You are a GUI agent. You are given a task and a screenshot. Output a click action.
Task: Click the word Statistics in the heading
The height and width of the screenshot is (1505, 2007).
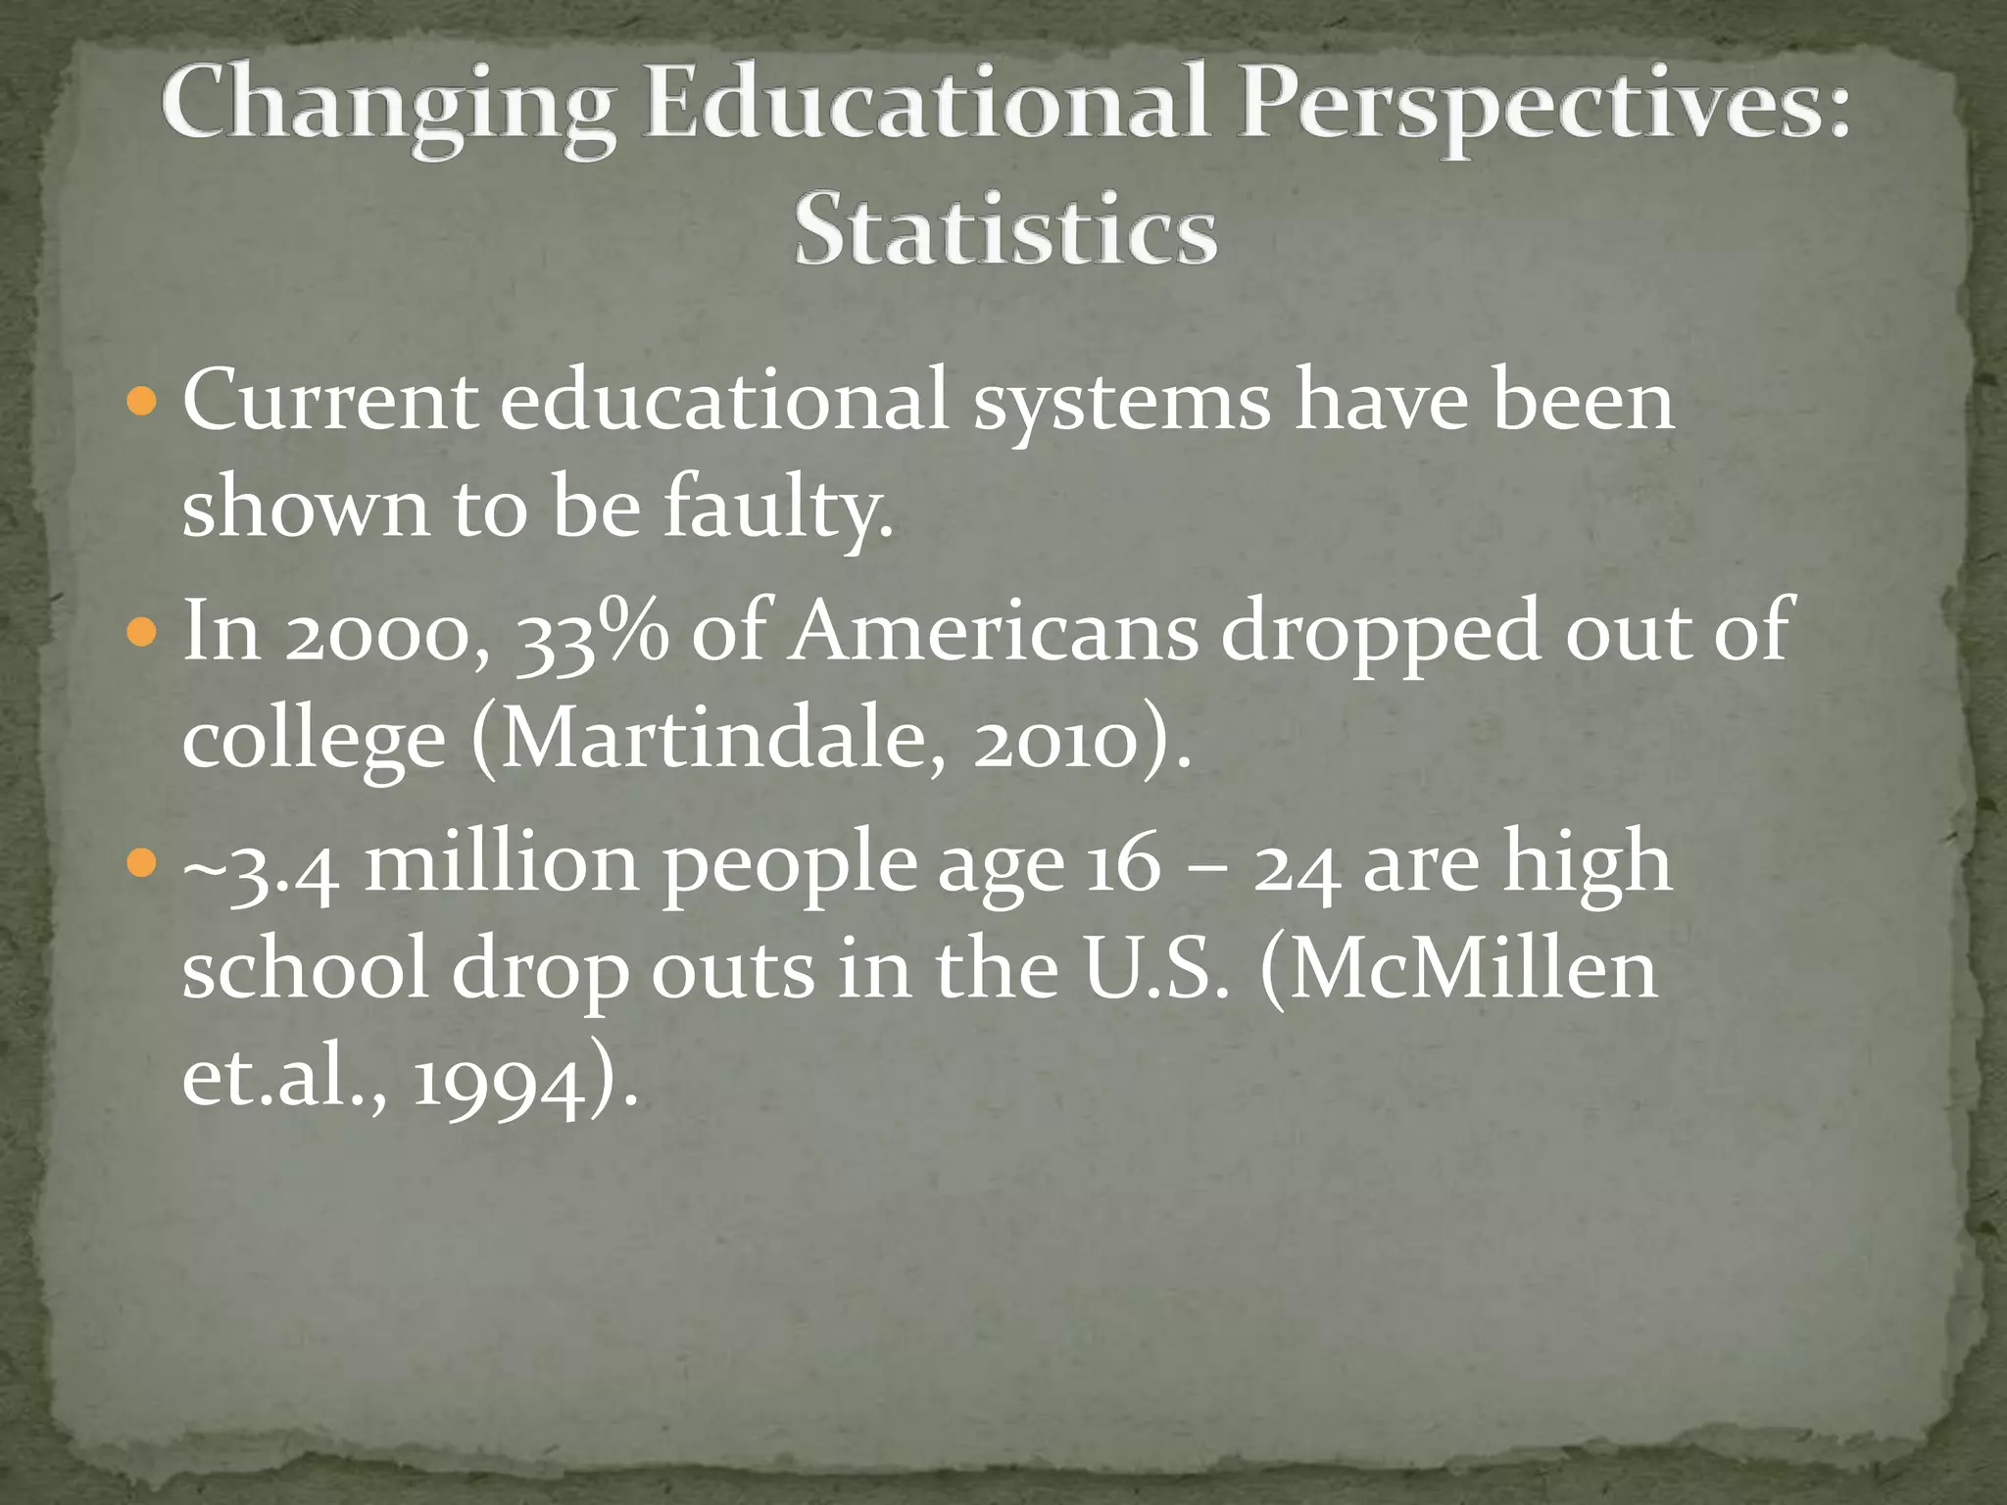click(x=1005, y=230)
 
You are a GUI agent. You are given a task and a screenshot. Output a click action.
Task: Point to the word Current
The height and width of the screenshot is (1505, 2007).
click(x=330, y=402)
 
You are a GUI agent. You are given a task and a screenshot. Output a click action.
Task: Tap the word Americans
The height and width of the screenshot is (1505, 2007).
click(x=995, y=632)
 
